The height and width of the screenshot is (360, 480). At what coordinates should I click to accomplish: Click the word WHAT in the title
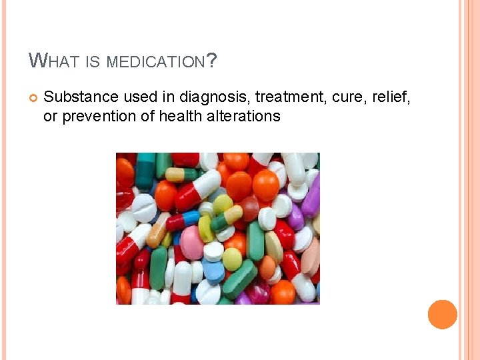pos(51,62)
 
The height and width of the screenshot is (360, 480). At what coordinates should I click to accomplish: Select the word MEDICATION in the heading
pos(155,62)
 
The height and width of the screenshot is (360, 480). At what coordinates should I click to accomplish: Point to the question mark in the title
pos(211,61)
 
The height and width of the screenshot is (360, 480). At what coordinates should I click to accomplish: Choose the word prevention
pos(91,116)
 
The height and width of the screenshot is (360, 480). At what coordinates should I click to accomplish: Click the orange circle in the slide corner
pos(443,314)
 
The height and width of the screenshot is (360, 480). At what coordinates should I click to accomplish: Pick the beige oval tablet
pos(274,246)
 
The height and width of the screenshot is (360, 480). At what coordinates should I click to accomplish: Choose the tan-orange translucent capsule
pos(159,229)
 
